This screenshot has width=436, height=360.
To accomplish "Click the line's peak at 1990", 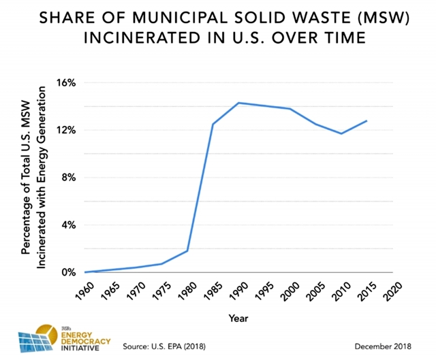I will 238,103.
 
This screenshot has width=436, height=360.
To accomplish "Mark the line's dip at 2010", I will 341,133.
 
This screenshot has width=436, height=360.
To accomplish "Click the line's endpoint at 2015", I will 367,121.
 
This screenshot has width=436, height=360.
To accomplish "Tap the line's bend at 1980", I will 187,251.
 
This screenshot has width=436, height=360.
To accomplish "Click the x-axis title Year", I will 238,318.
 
